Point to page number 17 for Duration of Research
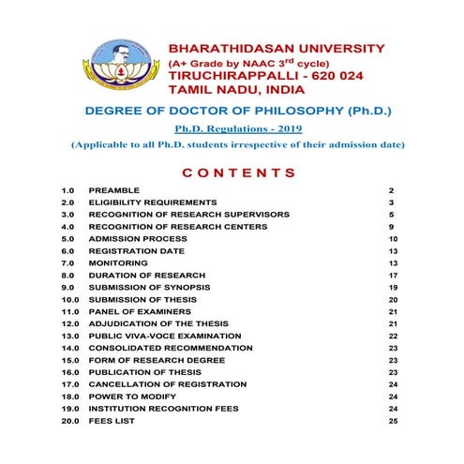click(393, 276)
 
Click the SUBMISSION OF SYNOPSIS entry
click(149, 287)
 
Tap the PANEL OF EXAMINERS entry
click(140, 311)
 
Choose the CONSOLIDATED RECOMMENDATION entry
click(171, 348)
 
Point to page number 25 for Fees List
click(393, 421)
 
